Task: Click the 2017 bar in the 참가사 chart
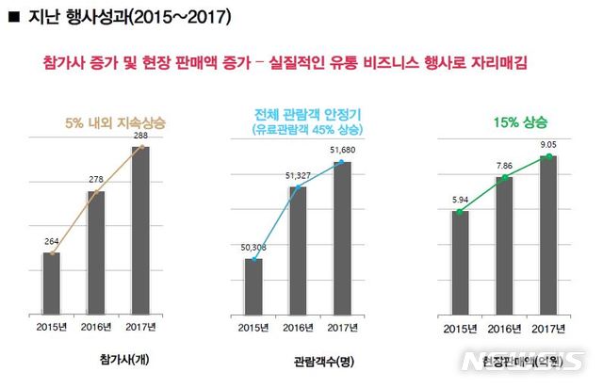[x=139, y=231]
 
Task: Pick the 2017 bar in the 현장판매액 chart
[x=548, y=236]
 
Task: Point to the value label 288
[x=140, y=136]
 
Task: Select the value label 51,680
[x=341, y=149]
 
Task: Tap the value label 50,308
[x=253, y=246]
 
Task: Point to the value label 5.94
[x=459, y=200]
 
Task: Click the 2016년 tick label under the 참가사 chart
[x=96, y=327]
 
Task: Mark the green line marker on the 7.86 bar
[x=504, y=177]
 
